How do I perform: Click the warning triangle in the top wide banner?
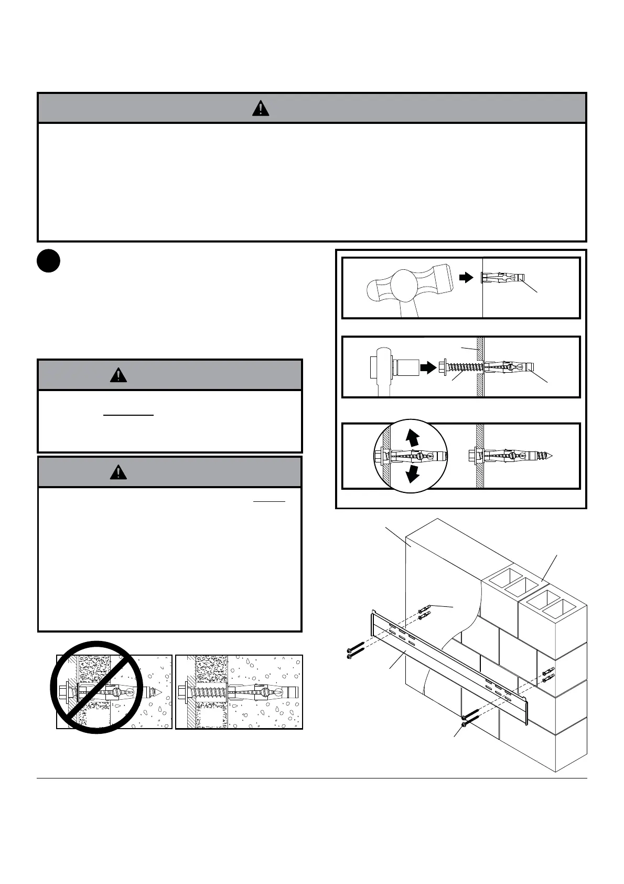(260, 108)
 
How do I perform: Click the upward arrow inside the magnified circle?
(414, 438)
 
